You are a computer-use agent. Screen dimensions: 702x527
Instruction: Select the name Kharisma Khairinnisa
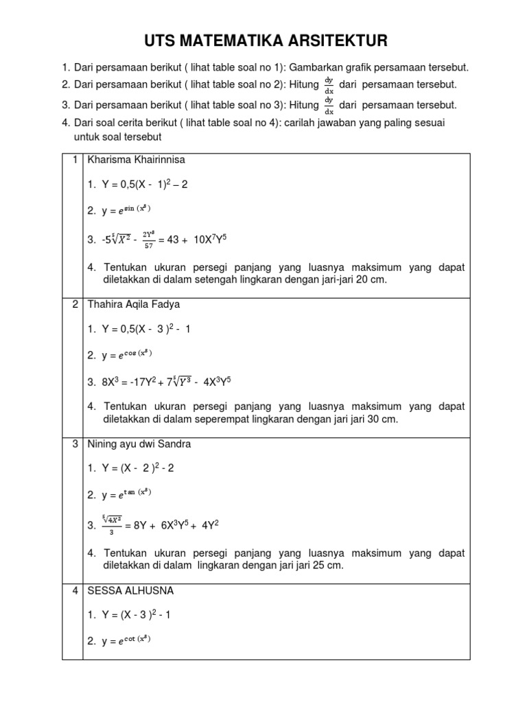(x=136, y=160)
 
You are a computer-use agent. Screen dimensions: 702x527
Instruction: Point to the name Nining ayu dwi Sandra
(x=139, y=444)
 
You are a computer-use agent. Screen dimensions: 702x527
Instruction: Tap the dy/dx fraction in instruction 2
(x=329, y=84)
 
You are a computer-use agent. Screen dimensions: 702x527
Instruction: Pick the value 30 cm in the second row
(x=382, y=419)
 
